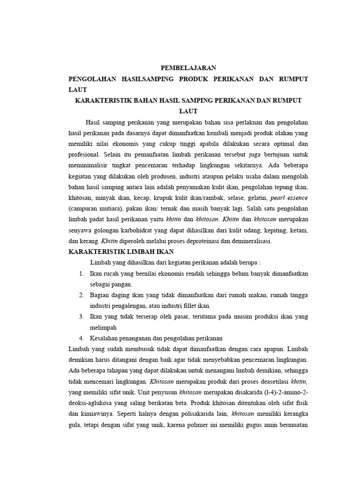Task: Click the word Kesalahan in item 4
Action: pyautogui.click(x=105, y=338)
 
